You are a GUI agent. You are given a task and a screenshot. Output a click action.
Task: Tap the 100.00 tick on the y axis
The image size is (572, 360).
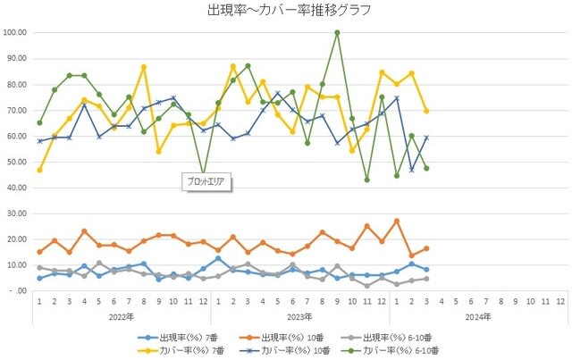click(x=16, y=32)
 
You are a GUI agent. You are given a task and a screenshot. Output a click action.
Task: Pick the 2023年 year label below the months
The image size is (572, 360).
click(x=301, y=315)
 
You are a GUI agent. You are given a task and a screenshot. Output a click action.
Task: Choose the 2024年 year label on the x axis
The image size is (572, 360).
click(x=478, y=315)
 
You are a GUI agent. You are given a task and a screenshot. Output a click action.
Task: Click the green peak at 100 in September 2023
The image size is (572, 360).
click(x=337, y=33)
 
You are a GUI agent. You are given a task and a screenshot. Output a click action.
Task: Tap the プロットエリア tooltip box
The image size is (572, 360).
click(x=206, y=182)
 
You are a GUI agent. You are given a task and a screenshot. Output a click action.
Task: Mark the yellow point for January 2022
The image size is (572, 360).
click(x=39, y=170)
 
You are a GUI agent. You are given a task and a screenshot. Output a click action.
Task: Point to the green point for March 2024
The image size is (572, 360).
click(x=425, y=168)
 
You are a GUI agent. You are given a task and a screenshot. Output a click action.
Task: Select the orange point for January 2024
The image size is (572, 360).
click(x=396, y=221)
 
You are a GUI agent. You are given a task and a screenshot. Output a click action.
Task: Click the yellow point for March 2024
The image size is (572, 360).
click(x=425, y=111)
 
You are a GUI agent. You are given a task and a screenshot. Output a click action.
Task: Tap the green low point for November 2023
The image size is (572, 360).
click(x=366, y=180)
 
